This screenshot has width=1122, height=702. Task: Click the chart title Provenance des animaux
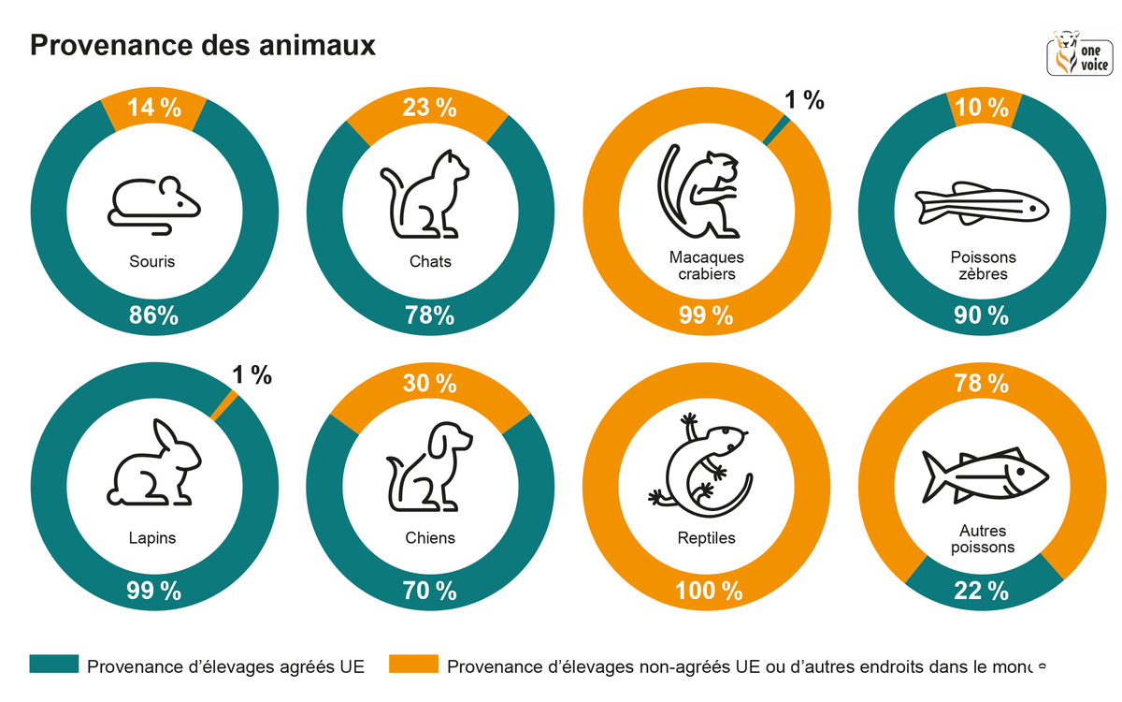(203, 45)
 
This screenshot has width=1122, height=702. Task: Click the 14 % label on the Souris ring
(154, 108)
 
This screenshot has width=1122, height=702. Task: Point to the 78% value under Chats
(430, 316)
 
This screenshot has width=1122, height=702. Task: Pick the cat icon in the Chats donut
(425, 194)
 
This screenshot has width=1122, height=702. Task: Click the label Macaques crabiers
(706, 265)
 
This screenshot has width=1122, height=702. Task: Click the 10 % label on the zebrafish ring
(983, 108)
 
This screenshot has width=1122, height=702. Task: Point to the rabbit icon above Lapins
(155, 463)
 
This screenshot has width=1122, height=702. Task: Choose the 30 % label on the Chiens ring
(430, 383)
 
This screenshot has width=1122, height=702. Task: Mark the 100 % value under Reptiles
(707, 591)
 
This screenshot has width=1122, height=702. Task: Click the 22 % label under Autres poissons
(982, 591)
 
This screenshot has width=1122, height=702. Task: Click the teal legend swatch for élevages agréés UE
(52, 665)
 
